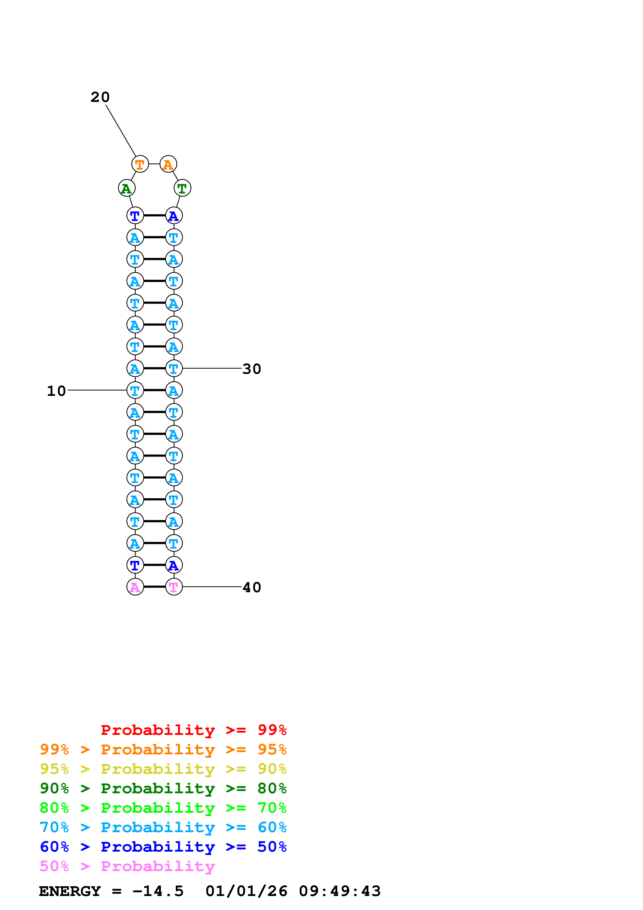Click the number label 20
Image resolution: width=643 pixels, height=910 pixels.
pos(100,97)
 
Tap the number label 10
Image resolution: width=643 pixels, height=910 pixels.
pos(56,391)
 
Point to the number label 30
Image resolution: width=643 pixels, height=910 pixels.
pos(252,369)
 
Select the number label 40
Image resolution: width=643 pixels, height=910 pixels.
pos(252,587)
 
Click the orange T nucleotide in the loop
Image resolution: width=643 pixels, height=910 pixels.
pos(140,164)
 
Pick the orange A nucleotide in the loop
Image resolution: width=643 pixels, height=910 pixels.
pos(168,164)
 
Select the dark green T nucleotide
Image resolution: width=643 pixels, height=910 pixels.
pos(182,188)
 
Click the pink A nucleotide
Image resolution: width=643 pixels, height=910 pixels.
pos(135,587)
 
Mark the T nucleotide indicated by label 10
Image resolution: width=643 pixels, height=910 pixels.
pos(135,390)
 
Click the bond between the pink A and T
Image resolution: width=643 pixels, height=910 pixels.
pos(155,587)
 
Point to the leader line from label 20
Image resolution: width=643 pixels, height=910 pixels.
pos(121,131)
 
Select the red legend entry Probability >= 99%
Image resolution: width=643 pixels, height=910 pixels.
pos(193,730)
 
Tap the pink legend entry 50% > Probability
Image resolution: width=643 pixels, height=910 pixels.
pos(127,866)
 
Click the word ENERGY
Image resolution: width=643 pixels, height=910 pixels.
pos(70,891)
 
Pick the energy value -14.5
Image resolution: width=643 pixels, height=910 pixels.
pos(158,891)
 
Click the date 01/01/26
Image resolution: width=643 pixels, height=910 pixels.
pos(246,891)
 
